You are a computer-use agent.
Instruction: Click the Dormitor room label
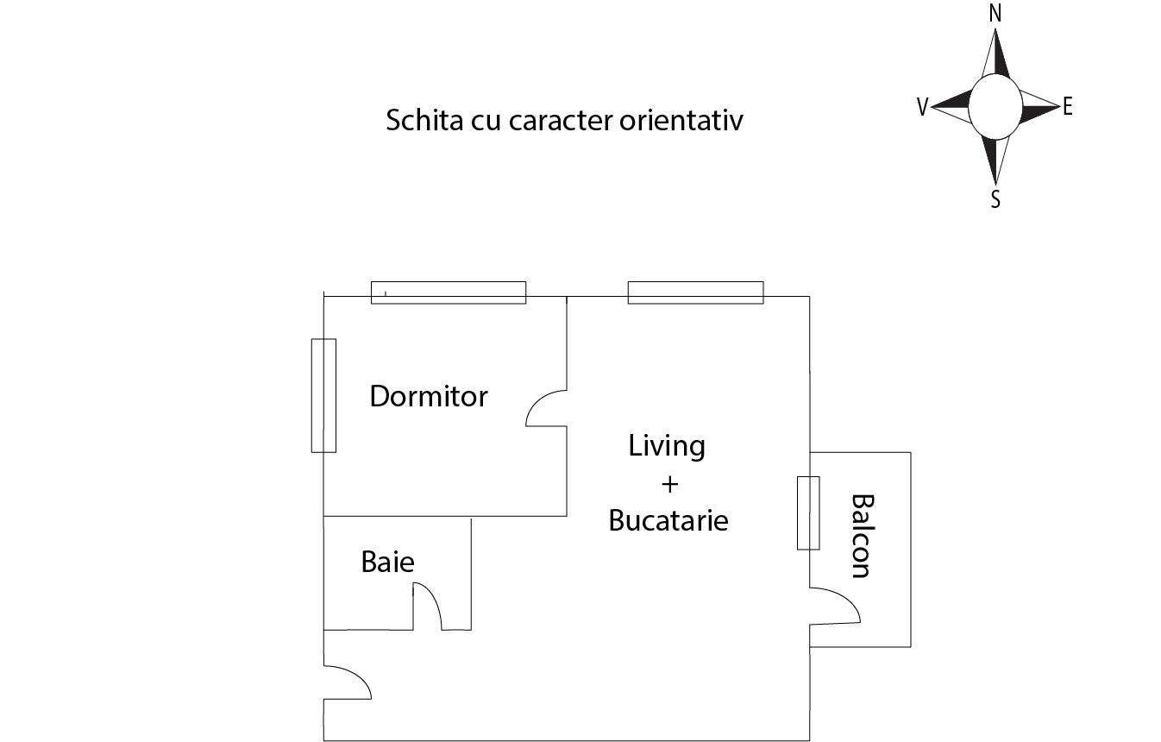[x=429, y=396]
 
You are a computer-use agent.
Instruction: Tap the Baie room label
[x=387, y=562]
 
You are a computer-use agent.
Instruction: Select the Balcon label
[x=862, y=535]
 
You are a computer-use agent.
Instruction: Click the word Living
[x=667, y=446]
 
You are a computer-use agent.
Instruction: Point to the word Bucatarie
[x=668, y=520]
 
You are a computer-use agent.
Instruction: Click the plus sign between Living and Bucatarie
[x=669, y=484]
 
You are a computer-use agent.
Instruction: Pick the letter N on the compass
[x=995, y=14]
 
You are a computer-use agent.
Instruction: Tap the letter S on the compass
[x=995, y=199]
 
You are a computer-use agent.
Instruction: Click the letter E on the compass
[x=1068, y=106]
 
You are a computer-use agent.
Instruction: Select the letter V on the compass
[x=922, y=107]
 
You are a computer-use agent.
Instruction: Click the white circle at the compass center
[x=995, y=106]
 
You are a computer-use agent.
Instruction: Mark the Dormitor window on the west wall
[x=323, y=395]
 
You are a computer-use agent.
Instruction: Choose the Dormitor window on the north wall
[x=448, y=292]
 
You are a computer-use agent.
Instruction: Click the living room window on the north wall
[x=695, y=292]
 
